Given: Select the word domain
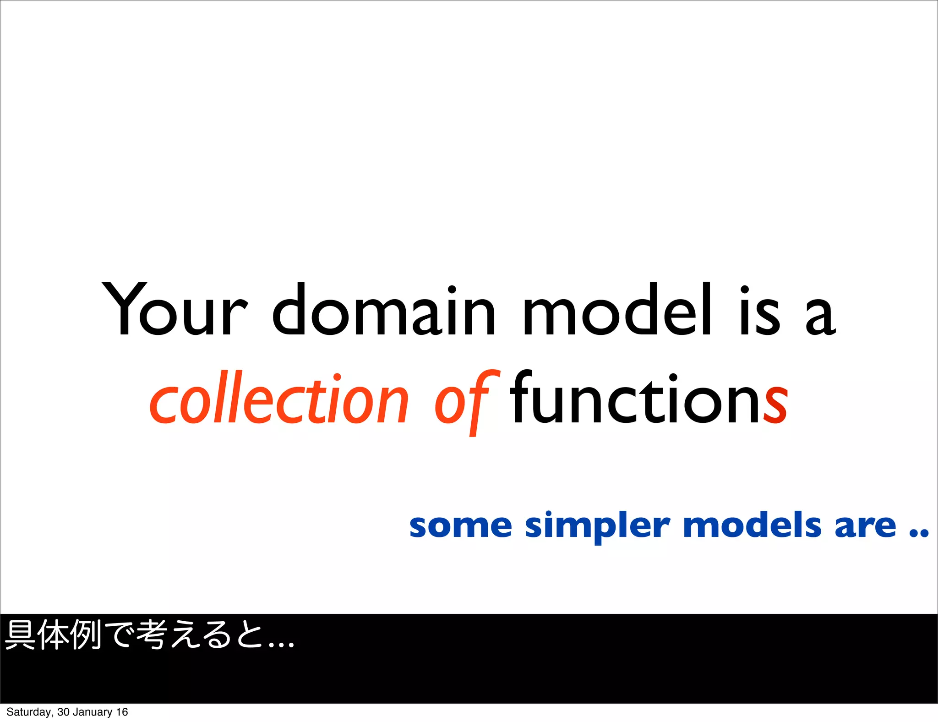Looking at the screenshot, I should (384, 310).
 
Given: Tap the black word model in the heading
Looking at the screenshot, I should (616, 310).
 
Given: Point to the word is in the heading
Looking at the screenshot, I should (760, 310).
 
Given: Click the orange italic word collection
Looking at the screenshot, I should (279, 399).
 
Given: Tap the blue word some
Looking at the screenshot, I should (460, 526).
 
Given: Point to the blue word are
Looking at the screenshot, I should (865, 526).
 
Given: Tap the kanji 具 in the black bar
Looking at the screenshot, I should (20, 634).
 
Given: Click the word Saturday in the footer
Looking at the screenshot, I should (29, 712).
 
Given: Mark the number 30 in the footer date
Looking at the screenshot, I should (63, 712).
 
